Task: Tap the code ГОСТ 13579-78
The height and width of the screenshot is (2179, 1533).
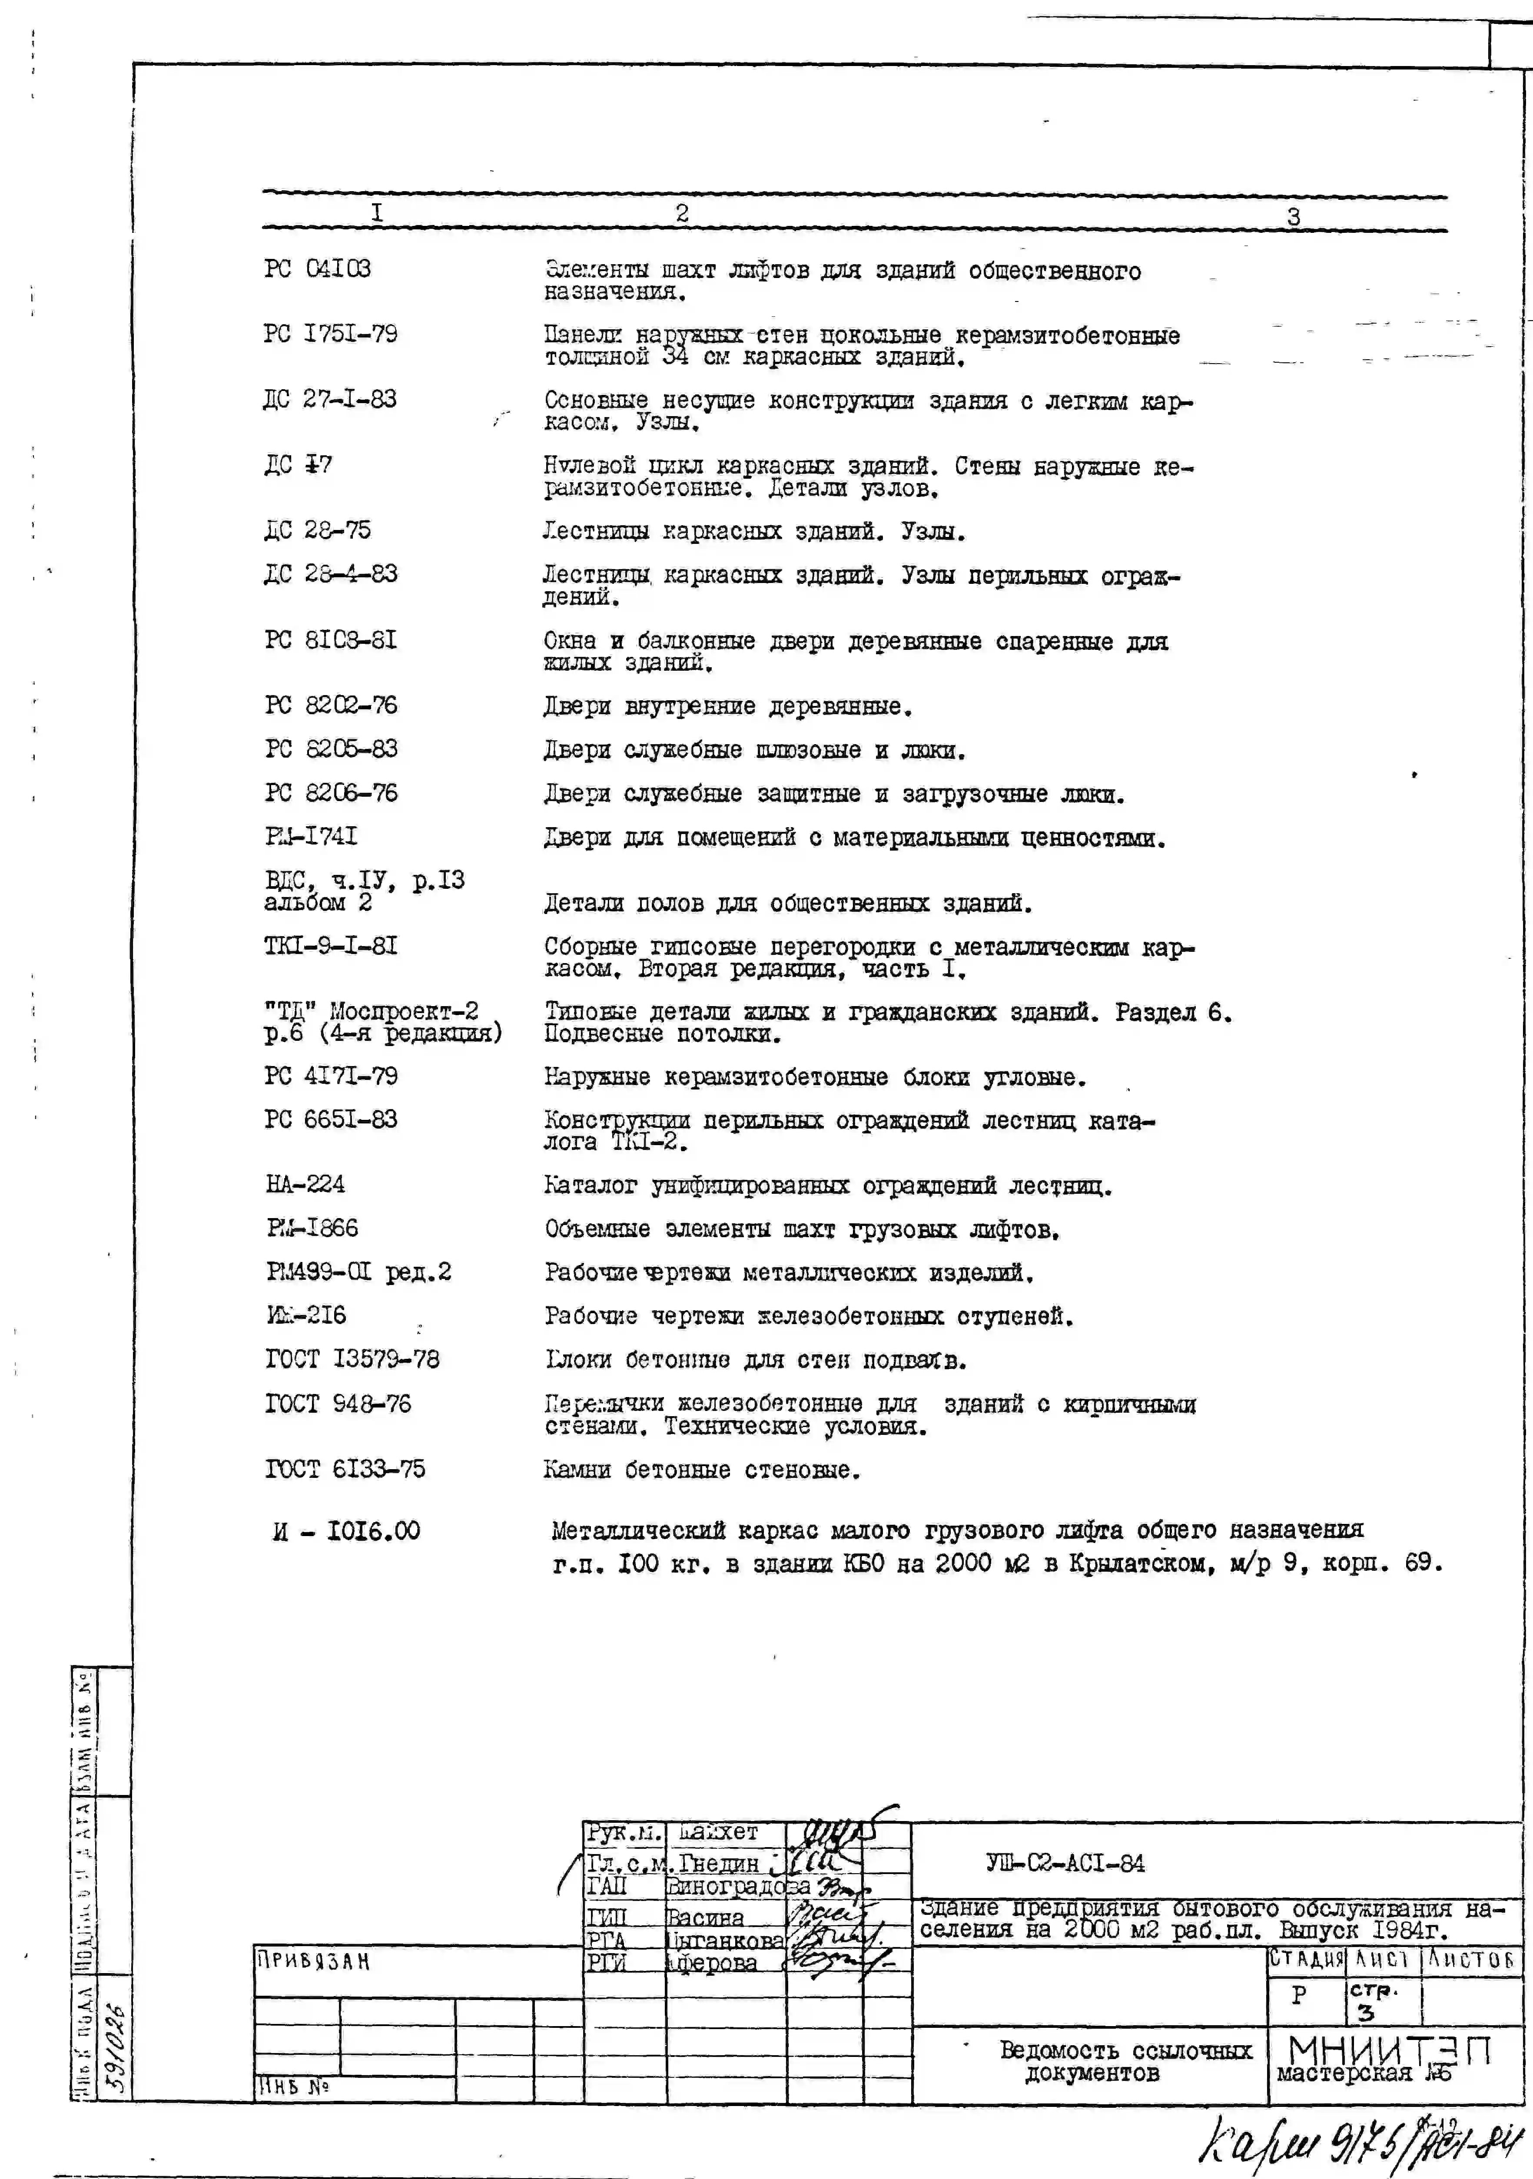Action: [352, 1360]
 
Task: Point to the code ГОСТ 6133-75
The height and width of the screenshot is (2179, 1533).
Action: [345, 1469]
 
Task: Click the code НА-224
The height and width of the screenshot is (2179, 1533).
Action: [305, 1184]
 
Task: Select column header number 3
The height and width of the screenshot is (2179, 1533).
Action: [1293, 216]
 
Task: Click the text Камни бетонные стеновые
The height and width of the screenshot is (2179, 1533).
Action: [701, 1470]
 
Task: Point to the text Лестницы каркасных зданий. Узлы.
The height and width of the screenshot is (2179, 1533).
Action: [754, 531]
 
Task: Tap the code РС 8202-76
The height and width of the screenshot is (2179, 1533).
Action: [330, 705]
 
